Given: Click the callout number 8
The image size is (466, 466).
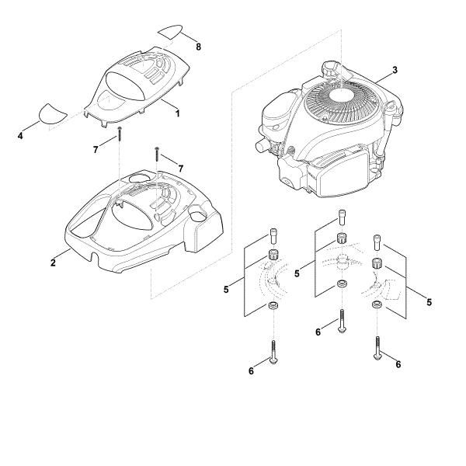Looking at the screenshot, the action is [x=198, y=47].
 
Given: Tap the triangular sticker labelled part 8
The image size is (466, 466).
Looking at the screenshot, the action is [x=171, y=32].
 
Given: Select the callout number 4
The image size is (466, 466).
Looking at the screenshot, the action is [x=20, y=136].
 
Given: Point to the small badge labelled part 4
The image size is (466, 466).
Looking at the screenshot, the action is [x=51, y=114].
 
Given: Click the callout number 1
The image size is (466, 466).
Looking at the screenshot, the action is [x=177, y=113].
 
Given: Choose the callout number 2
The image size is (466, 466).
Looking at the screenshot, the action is [x=53, y=263].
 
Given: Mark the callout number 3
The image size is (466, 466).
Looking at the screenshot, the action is [x=395, y=70].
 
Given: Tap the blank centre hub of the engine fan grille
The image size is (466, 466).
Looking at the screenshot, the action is [x=341, y=96].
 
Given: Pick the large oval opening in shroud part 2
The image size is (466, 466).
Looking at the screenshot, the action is [x=132, y=215].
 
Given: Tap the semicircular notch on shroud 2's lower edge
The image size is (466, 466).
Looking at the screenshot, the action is [x=95, y=256].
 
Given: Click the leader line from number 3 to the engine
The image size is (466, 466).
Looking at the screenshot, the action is [x=384, y=77].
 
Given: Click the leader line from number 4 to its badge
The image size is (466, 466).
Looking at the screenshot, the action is [x=31, y=127].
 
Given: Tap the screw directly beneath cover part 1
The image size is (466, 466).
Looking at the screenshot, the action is [x=120, y=134].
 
